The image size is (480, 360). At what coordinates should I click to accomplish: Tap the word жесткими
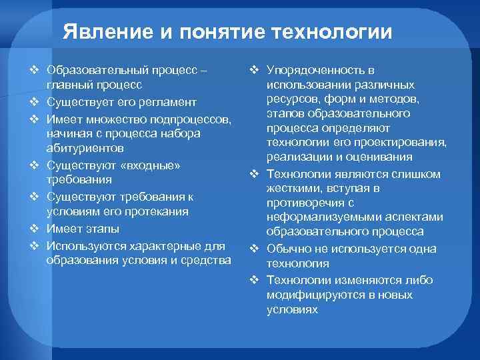(x=290, y=188)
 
